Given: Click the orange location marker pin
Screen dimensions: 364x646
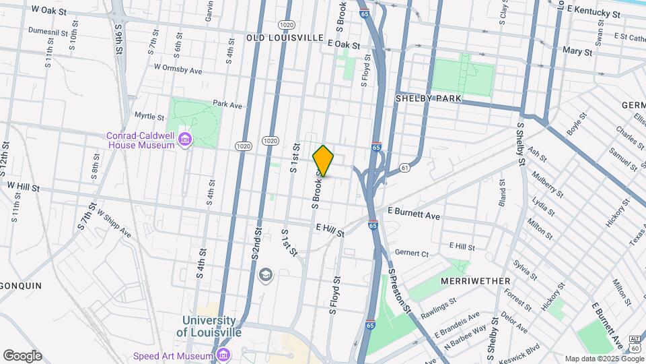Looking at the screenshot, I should pyautogui.click(x=324, y=160).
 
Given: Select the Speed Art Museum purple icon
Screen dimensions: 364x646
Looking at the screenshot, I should pyautogui.click(x=224, y=355).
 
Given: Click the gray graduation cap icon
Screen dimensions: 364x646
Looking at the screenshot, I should pyautogui.click(x=266, y=275).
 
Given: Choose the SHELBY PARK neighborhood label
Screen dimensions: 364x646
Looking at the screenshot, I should pyautogui.click(x=428, y=98).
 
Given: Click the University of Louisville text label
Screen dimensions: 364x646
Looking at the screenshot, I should pyautogui.click(x=209, y=326).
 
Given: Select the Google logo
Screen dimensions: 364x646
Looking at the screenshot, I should pyautogui.click(x=22, y=356).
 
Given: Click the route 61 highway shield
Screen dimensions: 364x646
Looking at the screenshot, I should pyautogui.click(x=404, y=168).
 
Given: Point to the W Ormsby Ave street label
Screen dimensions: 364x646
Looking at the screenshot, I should pyautogui.click(x=178, y=69).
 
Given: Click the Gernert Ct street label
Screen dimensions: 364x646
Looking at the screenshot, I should pyautogui.click(x=412, y=253).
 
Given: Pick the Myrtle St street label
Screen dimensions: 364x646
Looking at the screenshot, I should pyautogui.click(x=149, y=115).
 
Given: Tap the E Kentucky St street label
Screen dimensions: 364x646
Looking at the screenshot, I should pyautogui.click(x=594, y=12).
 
